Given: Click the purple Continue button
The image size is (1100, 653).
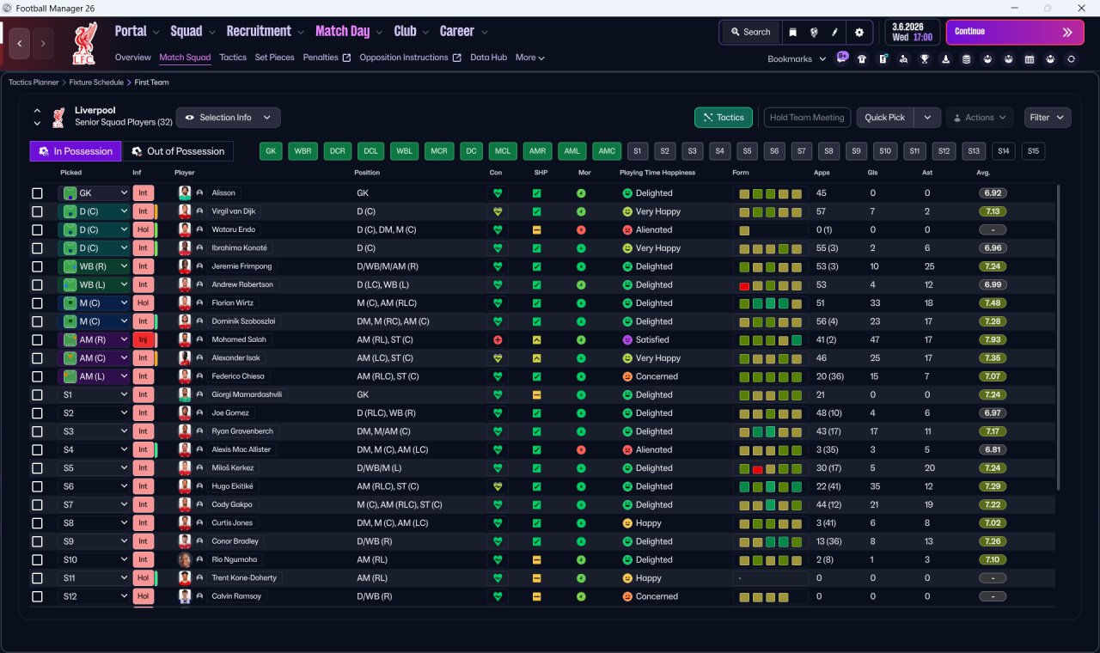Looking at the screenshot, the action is (x=1015, y=32).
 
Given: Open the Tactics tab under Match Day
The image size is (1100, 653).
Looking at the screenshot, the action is (x=233, y=58).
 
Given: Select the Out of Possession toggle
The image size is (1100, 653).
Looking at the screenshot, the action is (x=178, y=151).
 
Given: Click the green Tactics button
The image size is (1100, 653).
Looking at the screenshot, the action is (x=724, y=118).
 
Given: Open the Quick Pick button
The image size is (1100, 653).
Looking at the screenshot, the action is (x=884, y=118).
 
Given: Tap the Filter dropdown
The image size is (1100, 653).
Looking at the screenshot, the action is (x=1047, y=118).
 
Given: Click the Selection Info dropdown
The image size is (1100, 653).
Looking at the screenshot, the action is (x=229, y=118).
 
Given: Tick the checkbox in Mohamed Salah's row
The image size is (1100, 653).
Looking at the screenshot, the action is (x=37, y=339).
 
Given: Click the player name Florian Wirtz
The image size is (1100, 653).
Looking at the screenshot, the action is (x=232, y=303).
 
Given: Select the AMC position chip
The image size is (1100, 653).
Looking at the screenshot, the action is (x=607, y=151).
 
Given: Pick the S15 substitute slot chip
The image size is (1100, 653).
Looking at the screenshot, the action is (x=1033, y=151).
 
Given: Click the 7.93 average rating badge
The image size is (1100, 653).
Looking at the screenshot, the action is (x=993, y=339).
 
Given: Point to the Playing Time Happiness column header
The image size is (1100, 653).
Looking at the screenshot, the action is (x=657, y=173).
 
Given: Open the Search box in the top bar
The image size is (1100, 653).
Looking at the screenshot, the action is (x=750, y=32).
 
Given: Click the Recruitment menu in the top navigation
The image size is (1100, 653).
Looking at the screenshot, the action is (x=259, y=32).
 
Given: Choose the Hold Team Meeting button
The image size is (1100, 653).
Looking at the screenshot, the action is (x=807, y=118).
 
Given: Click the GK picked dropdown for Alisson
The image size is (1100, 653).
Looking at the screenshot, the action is (x=94, y=193).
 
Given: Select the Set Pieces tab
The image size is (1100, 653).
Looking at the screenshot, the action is (x=274, y=58).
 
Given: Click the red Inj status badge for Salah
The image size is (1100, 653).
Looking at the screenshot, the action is (x=143, y=339).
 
